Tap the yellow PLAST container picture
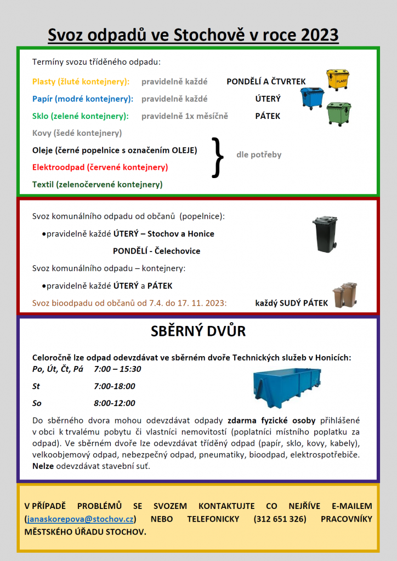point(337,80)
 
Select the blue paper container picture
point(313,98)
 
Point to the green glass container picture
point(339,113)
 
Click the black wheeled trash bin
point(324,234)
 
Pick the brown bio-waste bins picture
point(345,295)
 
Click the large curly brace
point(218,157)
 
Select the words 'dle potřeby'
point(259,154)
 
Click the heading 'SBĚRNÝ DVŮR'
point(198,331)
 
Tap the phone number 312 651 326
point(280,518)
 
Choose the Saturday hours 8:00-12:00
point(115,403)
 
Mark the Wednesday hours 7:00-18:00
point(115,386)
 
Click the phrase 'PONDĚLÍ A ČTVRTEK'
point(266,82)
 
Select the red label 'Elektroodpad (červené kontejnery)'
point(100,167)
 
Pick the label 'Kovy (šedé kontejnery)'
point(77,133)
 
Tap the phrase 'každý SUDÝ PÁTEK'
point(292,303)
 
